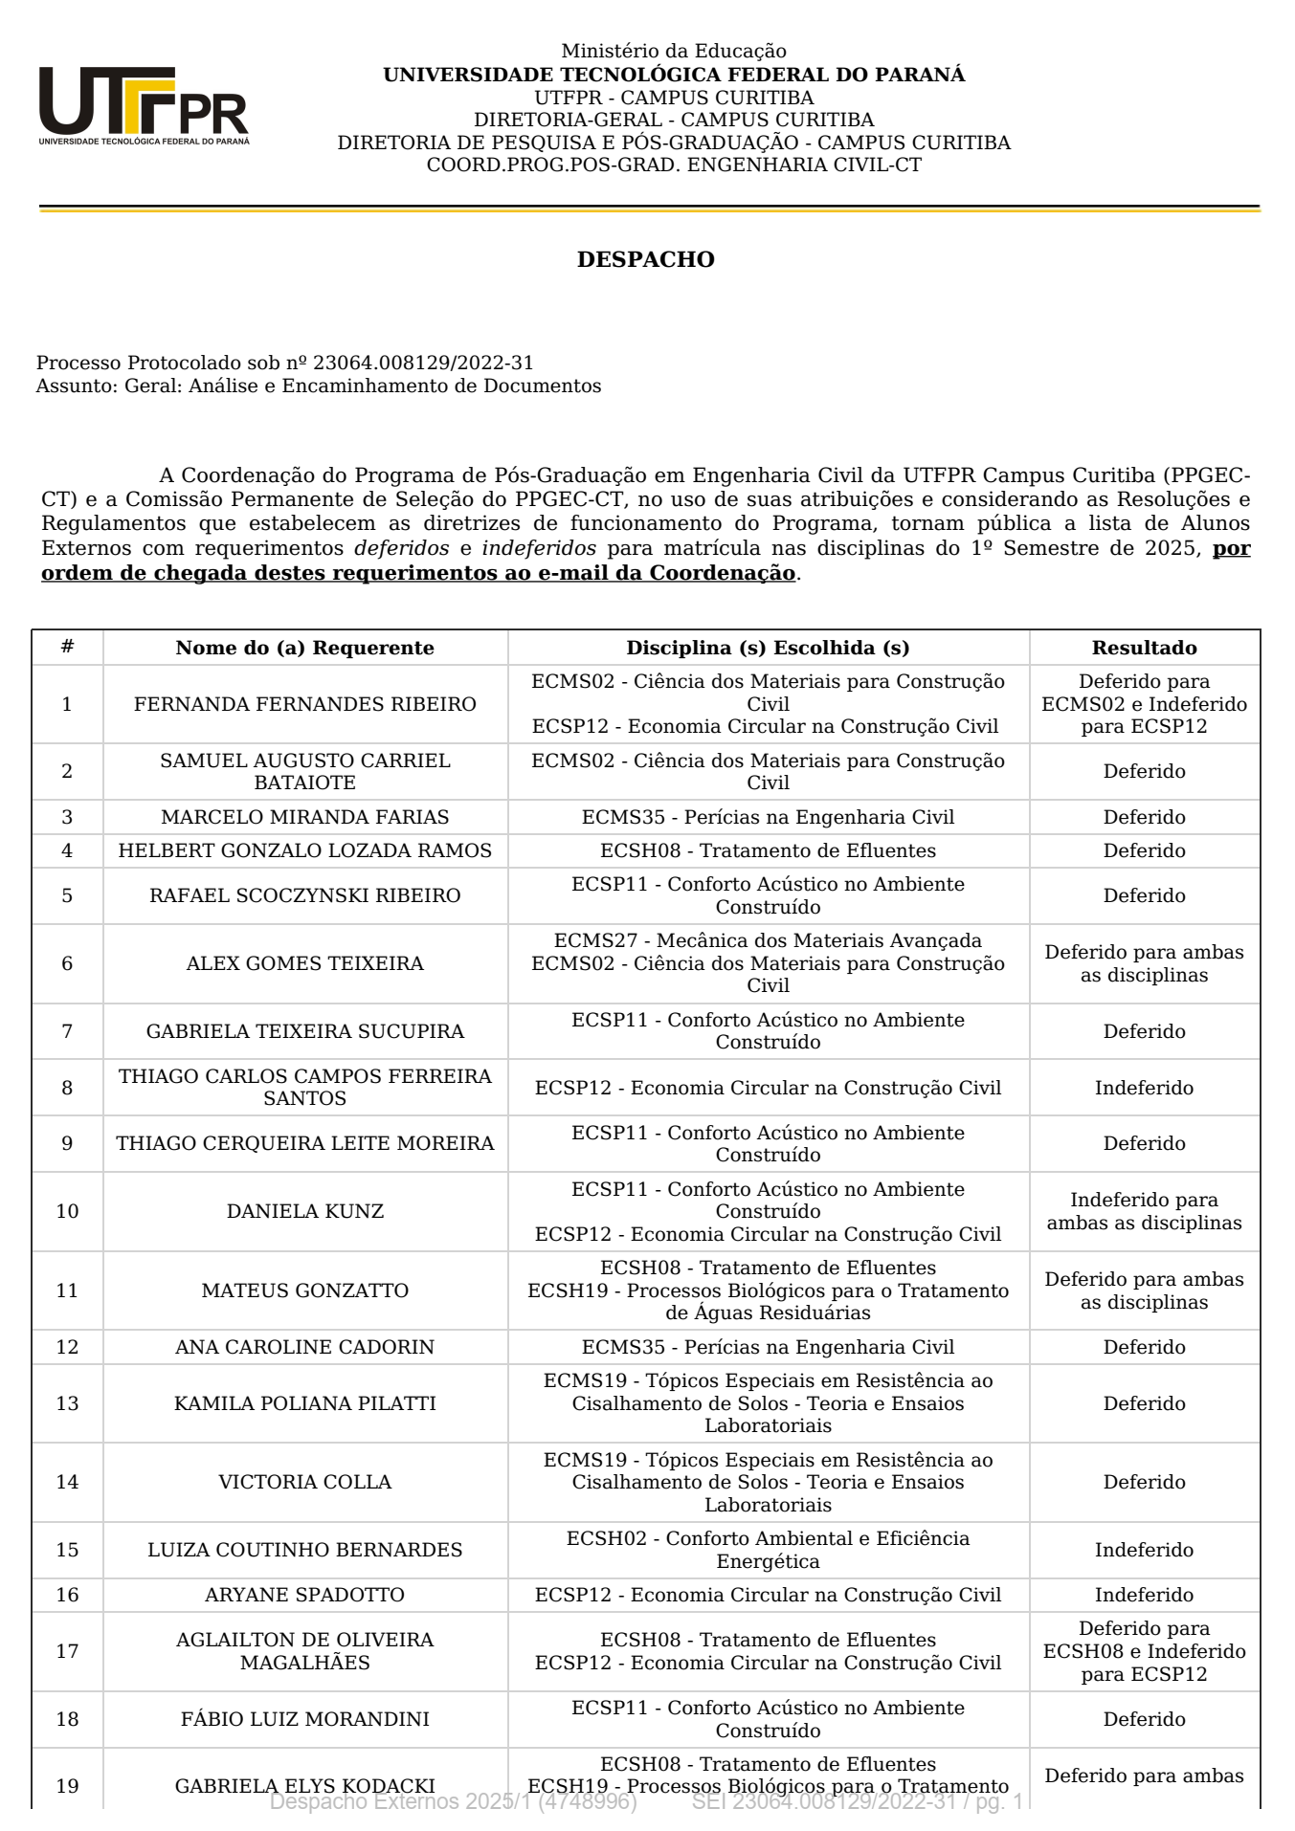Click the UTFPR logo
point(144,105)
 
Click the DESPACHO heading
point(645,259)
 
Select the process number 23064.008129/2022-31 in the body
point(423,363)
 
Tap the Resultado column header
point(1144,648)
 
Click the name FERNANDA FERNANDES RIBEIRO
point(304,704)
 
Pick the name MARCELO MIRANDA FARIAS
point(304,817)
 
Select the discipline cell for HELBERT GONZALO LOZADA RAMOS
point(768,850)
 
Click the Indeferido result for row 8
point(1144,1088)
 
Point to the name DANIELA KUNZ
point(304,1211)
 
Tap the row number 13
point(67,1403)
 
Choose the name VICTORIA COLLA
point(304,1482)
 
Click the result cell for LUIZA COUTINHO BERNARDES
point(1144,1550)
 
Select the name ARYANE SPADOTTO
point(304,1595)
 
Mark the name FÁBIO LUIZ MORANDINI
point(304,1719)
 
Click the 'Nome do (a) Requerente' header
point(304,648)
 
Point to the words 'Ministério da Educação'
point(674,51)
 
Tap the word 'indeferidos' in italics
point(538,548)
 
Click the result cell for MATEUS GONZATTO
point(1144,1291)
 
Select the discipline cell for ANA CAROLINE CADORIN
point(768,1347)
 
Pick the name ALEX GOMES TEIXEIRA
point(304,963)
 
